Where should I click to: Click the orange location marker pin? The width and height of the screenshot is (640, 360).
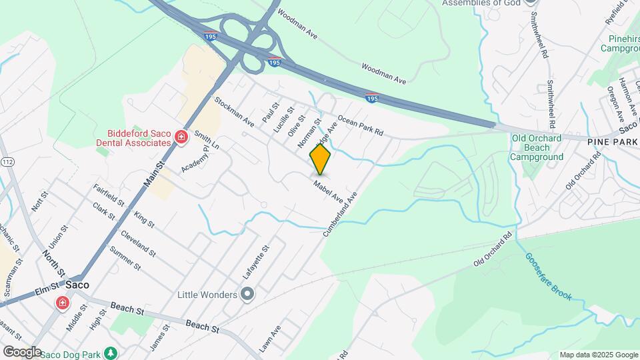tap(321, 159)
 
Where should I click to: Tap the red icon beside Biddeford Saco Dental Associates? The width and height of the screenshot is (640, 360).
tap(180, 137)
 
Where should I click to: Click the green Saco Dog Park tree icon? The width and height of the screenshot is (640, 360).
tap(113, 353)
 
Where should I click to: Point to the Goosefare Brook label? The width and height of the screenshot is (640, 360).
tap(548, 276)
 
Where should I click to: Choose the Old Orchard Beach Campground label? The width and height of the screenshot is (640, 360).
tap(536, 147)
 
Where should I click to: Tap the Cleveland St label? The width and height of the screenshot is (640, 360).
tap(138, 244)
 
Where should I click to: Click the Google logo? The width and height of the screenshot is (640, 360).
tap(21, 351)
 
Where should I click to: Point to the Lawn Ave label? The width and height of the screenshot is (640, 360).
tap(271, 339)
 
